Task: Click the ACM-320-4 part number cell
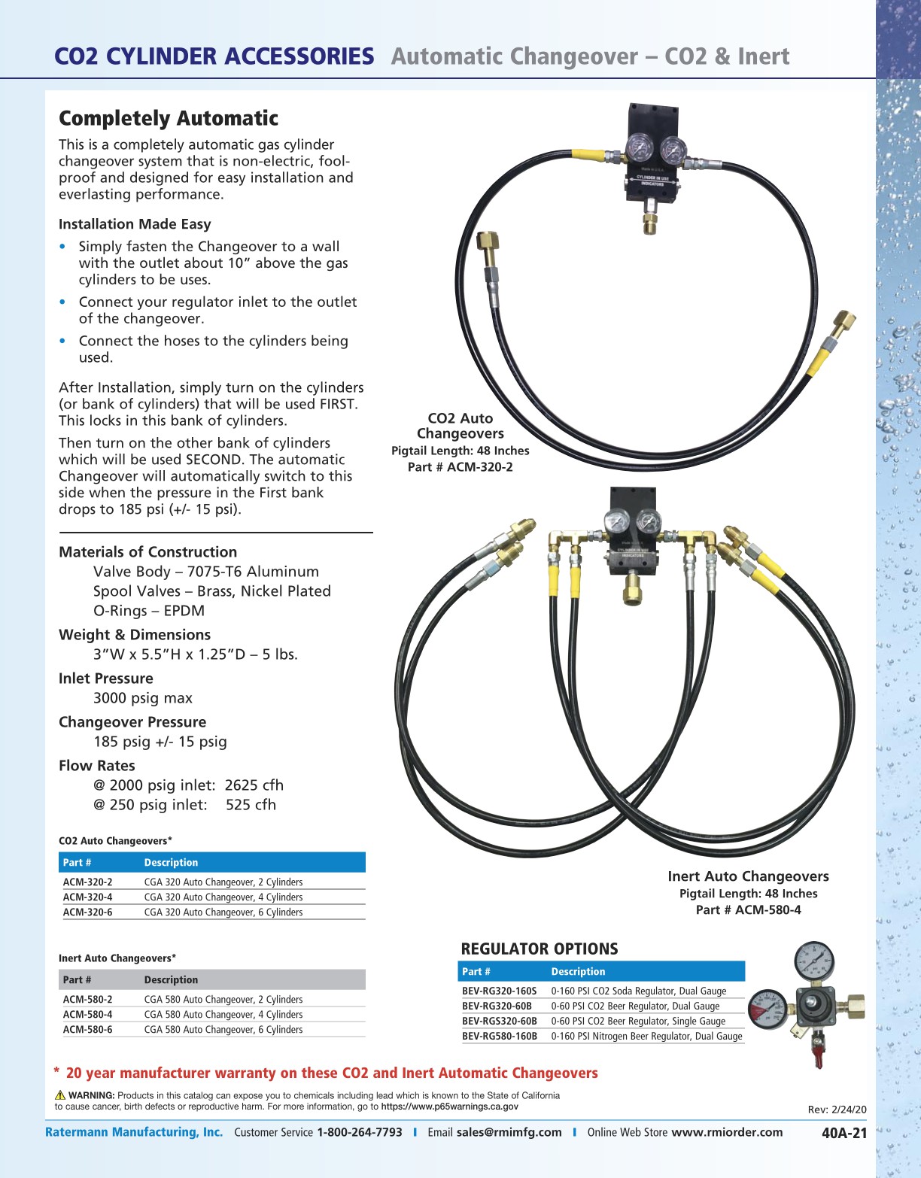click(x=88, y=897)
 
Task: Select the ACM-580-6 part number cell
click(x=88, y=1029)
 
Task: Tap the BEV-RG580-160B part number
click(x=500, y=1036)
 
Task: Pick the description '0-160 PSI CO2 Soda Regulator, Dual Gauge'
click(x=638, y=991)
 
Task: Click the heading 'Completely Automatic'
click(x=169, y=118)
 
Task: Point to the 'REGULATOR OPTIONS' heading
click(x=539, y=949)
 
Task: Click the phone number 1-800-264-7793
click(x=360, y=1132)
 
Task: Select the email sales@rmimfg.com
click(x=509, y=1132)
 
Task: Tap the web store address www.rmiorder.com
click(x=726, y=1132)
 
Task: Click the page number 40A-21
click(x=844, y=1133)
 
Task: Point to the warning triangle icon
click(x=60, y=1095)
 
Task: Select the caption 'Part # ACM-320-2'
click(x=460, y=466)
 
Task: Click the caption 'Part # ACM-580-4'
click(x=748, y=909)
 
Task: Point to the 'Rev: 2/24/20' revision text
click(x=837, y=1109)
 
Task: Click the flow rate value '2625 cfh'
click(x=254, y=785)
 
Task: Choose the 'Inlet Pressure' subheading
click(x=106, y=678)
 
